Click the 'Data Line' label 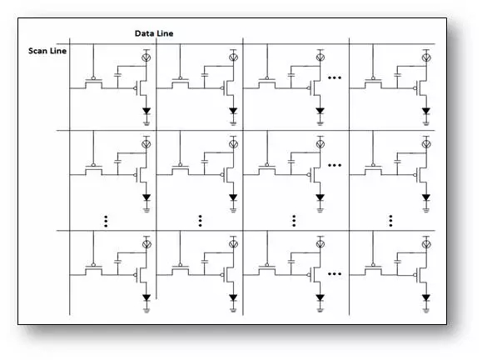(x=154, y=33)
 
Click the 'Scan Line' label (x=47, y=51)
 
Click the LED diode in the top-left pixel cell (x=147, y=111)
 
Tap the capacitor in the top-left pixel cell (x=117, y=75)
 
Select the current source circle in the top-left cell (x=146, y=57)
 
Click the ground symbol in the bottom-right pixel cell (x=426, y=310)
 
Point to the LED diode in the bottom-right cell (x=426, y=297)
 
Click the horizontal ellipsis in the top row (x=335, y=77)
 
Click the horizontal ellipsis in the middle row (x=335, y=165)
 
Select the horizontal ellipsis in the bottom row (x=335, y=273)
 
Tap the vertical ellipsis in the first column (x=106, y=221)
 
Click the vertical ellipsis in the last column (x=390, y=221)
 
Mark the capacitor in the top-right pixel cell (x=397, y=75)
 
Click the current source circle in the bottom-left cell (x=147, y=244)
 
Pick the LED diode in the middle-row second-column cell (x=233, y=197)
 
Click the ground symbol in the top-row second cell (x=233, y=123)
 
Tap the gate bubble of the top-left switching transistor (x=93, y=78)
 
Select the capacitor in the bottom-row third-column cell (x=291, y=262)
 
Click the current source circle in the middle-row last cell (x=426, y=144)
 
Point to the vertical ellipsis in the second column (x=200, y=221)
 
